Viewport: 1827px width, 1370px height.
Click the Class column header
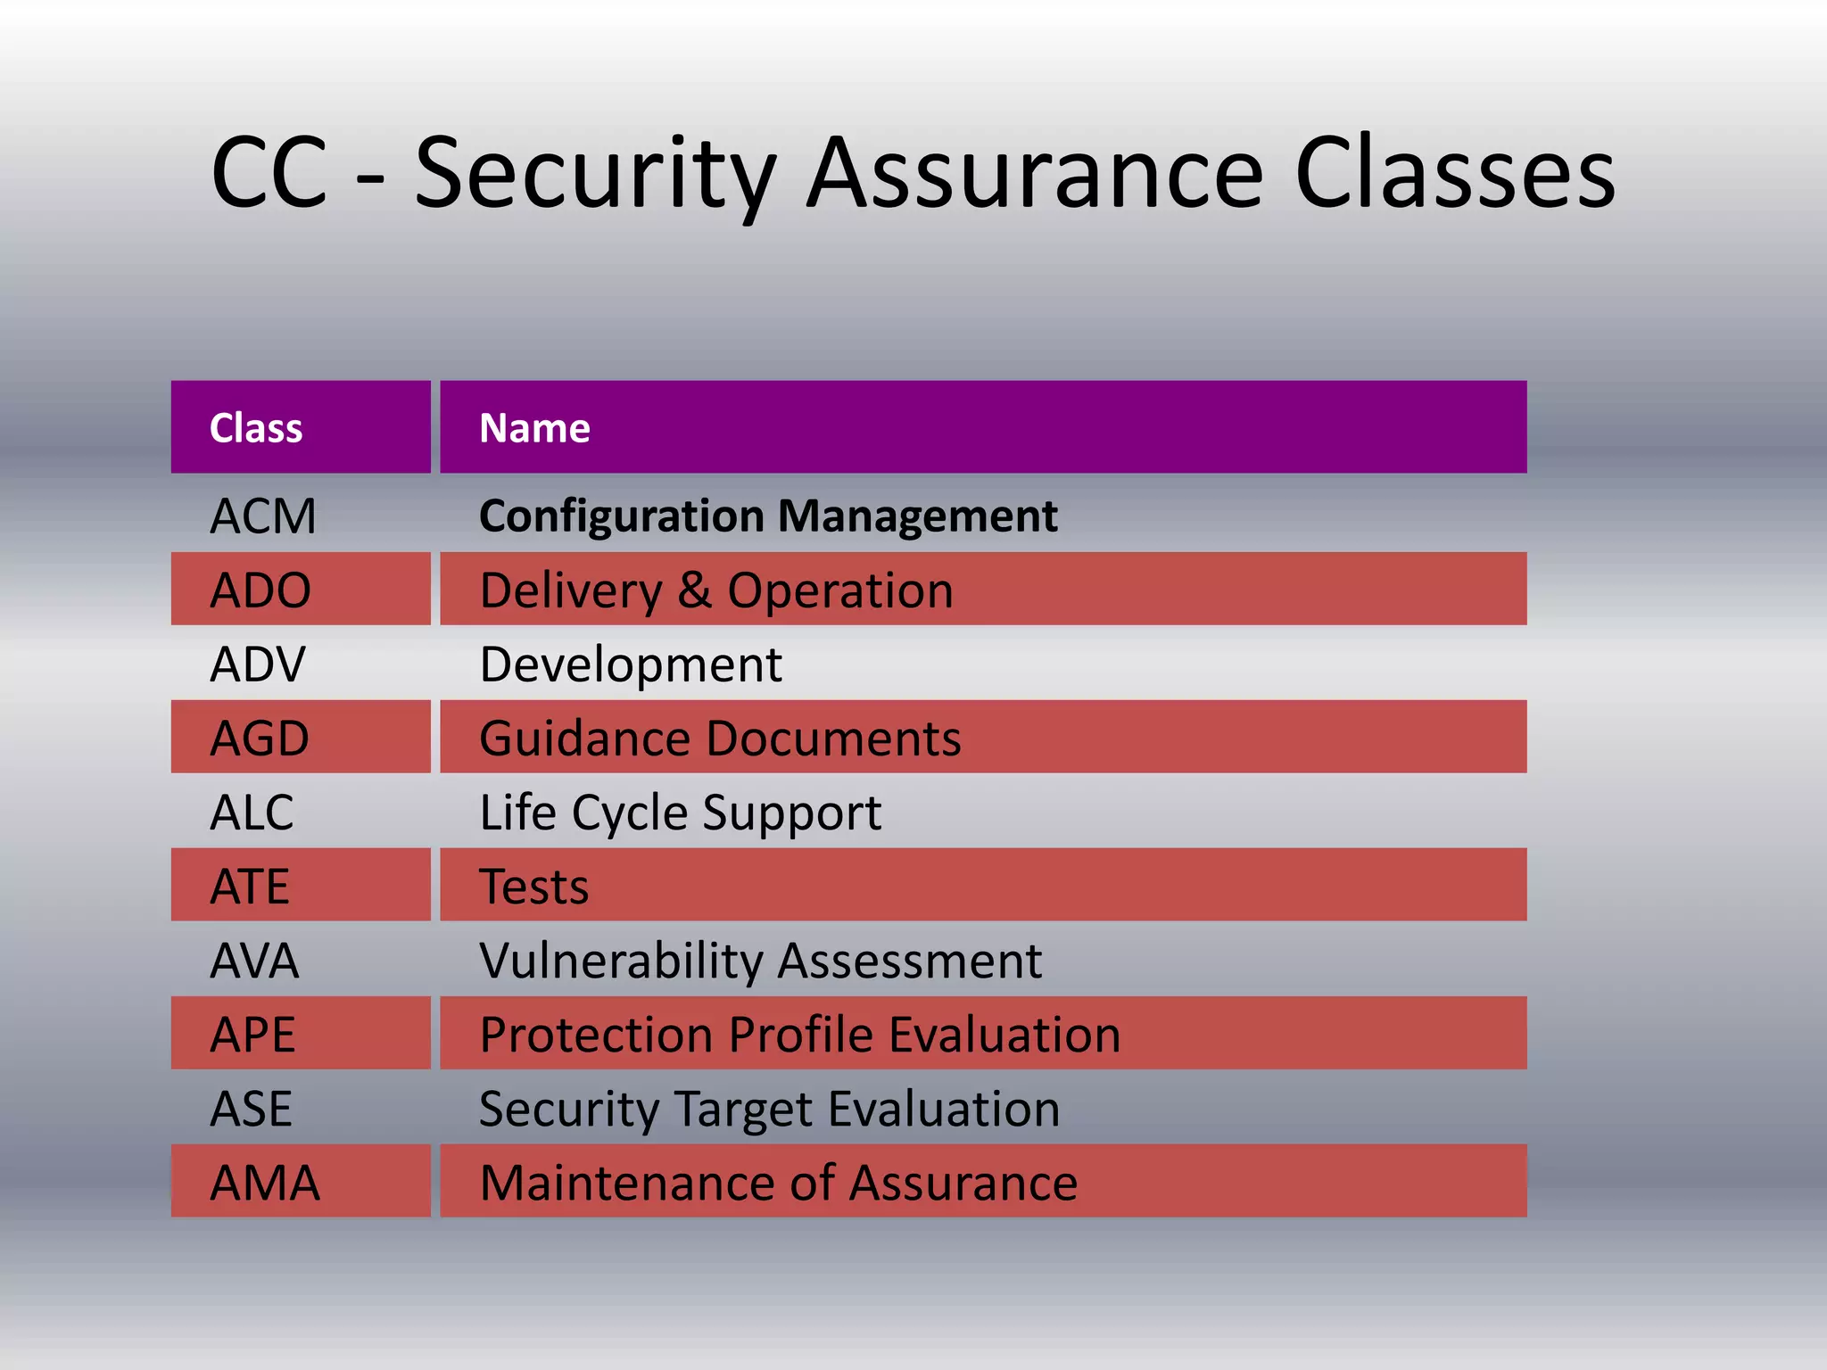point(256,428)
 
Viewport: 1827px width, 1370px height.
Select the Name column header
point(534,428)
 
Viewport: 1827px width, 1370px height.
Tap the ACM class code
point(263,516)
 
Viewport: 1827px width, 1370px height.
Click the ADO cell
point(260,590)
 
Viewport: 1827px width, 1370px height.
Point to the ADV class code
point(258,664)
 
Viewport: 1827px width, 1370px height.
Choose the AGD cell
point(260,739)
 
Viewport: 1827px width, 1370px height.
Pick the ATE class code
point(250,887)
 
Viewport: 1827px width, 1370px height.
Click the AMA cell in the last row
point(265,1183)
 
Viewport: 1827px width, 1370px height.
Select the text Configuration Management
point(768,516)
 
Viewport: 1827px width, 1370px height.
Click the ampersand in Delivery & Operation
point(695,590)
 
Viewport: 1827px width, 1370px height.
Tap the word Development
point(631,664)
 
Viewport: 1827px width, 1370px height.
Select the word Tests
point(534,887)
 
